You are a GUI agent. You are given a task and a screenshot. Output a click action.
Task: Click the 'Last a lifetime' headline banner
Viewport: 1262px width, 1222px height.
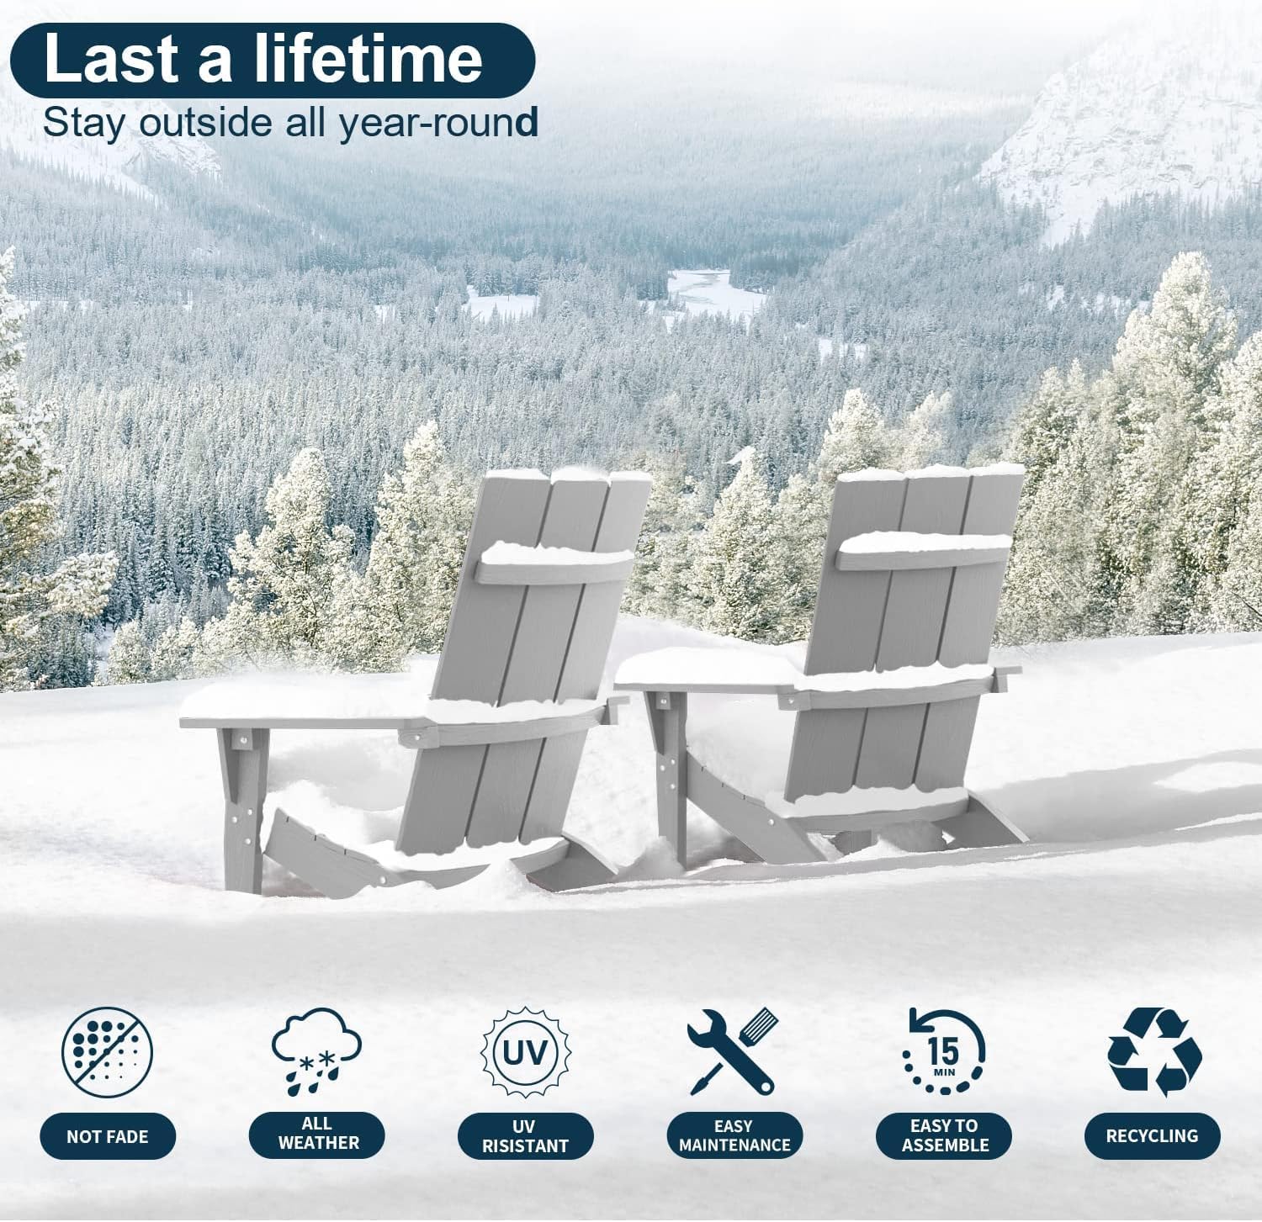coord(273,60)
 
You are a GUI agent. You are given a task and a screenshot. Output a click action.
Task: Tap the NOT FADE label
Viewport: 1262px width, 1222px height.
coord(108,1136)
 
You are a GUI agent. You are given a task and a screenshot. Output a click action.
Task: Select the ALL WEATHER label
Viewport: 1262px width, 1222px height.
coord(317,1134)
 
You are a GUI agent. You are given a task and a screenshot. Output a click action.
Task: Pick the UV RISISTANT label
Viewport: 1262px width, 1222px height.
coord(526,1136)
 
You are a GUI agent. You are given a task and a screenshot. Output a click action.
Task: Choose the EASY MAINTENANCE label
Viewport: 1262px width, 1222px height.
coord(734,1135)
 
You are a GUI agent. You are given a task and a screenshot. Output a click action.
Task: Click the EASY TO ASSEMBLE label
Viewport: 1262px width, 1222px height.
coord(944,1135)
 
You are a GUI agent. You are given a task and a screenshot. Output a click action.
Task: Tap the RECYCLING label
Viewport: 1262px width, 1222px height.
coord(1152,1135)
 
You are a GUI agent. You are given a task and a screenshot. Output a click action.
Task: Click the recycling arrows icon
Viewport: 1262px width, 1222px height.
coord(1154,1051)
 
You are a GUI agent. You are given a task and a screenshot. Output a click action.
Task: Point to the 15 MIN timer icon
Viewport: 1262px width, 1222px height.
coord(944,1051)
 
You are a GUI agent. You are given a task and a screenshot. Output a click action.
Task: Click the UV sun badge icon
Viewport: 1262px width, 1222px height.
coord(525,1051)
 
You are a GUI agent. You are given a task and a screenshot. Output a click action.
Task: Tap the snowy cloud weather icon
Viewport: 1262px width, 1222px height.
coord(316,1051)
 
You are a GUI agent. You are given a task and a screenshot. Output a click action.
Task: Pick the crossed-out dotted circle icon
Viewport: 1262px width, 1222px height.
coord(108,1052)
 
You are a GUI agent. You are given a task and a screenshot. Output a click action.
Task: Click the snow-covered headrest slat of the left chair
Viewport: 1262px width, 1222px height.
coord(555,562)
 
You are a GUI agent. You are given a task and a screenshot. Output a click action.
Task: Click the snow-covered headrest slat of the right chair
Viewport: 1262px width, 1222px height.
coord(924,551)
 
